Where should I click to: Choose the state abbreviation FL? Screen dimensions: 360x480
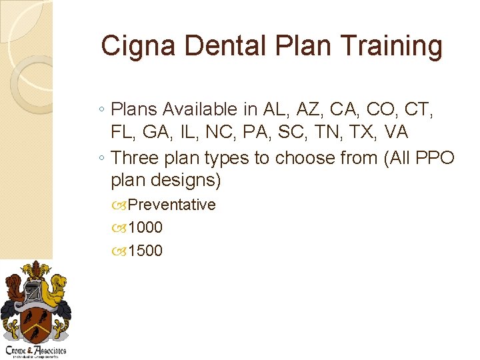pos(125,133)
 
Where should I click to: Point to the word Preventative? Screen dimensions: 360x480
pos(171,205)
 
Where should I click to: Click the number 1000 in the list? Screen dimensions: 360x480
pos(145,227)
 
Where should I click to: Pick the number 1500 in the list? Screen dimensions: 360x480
pos(145,251)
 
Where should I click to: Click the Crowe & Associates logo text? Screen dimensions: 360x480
pos(36,351)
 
